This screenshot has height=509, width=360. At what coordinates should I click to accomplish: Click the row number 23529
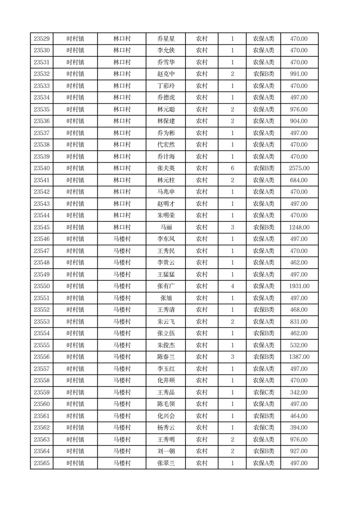tap(42, 39)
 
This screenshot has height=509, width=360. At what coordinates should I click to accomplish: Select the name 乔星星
tap(165, 39)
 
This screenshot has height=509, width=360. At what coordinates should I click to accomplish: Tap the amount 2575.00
tap(299, 168)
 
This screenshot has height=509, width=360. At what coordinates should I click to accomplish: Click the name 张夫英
tap(165, 168)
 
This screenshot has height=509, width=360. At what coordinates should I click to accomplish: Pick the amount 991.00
tap(299, 74)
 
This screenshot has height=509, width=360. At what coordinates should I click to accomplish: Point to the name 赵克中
tap(165, 74)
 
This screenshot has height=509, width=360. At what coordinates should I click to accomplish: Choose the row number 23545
tap(42, 227)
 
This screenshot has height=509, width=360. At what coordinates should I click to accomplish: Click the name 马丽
tap(165, 227)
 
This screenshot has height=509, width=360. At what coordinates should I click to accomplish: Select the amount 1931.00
tap(299, 286)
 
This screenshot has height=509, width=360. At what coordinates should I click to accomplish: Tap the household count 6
tap(233, 168)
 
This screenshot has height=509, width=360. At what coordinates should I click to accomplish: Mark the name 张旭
tap(165, 298)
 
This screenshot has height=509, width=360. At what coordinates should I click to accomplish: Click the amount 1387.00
tap(299, 357)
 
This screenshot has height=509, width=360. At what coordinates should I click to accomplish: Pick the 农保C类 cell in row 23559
tap(263, 392)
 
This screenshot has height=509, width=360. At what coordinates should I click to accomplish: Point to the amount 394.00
tap(299, 428)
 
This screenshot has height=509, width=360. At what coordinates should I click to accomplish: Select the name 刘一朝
tap(165, 451)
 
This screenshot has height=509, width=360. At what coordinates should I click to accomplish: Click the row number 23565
tap(42, 463)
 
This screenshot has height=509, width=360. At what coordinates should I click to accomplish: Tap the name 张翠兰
tap(165, 463)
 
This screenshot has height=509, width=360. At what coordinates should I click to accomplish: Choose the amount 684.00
tap(299, 180)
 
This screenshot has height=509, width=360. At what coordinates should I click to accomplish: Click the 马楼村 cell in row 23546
tap(122, 239)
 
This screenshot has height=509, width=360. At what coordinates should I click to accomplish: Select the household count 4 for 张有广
tap(233, 286)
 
